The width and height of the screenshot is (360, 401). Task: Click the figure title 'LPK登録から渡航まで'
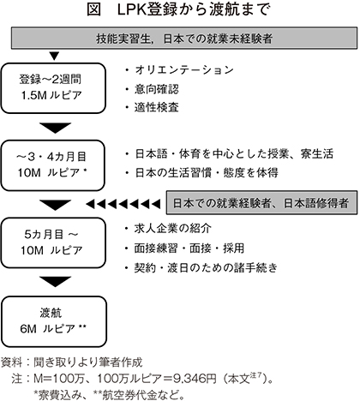pyautogui.click(x=194, y=9)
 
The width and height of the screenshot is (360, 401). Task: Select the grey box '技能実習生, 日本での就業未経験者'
pyautogui.click(x=184, y=38)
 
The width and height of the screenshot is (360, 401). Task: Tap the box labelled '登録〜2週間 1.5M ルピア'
pyautogui.click(x=53, y=88)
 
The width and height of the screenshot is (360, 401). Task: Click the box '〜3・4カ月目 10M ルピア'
pyautogui.click(x=53, y=165)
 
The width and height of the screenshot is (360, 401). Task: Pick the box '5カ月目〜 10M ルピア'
pyautogui.click(x=53, y=242)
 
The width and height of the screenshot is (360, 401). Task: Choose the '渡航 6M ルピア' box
pyautogui.click(x=54, y=321)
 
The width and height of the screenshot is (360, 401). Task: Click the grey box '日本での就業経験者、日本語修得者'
pyautogui.click(x=261, y=203)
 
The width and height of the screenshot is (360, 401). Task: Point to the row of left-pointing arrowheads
pyautogui.click(x=123, y=204)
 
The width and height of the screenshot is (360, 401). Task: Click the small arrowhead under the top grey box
pyautogui.click(x=54, y=56)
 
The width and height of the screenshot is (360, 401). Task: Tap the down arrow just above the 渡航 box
pyautogui.click(x=55, y=282)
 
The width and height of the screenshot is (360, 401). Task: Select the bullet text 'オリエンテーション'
pyautogui.click(x=184, y=70)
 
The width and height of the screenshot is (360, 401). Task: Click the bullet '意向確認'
pyautogui.click(x=157, y=89)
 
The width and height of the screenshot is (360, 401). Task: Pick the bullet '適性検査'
pyautogui.click(x=157, y=107)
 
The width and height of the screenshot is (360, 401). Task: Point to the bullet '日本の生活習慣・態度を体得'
pyautogui.click(x=207, y=173)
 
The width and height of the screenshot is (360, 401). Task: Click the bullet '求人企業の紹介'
pyautogui.click(x=173, y=229)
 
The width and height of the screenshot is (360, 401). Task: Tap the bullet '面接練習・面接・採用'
pyautogui.click(x=189, y=248)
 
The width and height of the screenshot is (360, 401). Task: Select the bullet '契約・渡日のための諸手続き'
pyautogui.click(x=206, y=268)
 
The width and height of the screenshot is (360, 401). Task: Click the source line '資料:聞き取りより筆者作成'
pyautogui.click(x=72, y=362)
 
